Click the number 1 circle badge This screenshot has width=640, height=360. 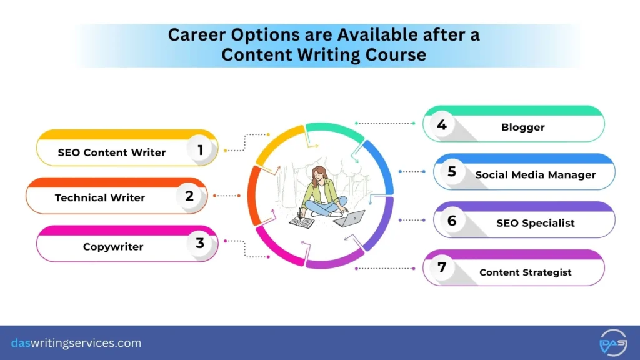201,151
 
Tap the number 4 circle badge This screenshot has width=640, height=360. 442,125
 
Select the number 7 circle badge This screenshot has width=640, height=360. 442,268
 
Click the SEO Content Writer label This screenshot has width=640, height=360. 112,152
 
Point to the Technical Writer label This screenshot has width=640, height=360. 100,197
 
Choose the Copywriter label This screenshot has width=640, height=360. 113,247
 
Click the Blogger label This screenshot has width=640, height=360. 523,127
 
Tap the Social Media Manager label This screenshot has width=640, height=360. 536,175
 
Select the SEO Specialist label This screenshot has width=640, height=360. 536,223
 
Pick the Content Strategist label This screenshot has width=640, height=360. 526,272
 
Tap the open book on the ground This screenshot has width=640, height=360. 302,221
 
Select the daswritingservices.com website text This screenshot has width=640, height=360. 76,343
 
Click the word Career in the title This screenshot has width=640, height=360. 197,35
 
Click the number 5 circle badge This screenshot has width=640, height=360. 452,172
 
